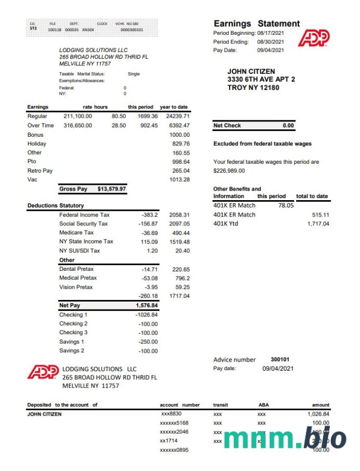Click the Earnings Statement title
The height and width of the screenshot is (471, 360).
[257, 24]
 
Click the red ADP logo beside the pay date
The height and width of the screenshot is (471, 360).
[314, 38]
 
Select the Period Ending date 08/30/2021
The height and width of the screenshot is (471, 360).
[270, 42]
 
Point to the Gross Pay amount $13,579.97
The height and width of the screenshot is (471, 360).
[112, 189]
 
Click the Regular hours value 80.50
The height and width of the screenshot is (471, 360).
[119, 116]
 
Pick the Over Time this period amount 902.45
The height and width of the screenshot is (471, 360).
[148, 126]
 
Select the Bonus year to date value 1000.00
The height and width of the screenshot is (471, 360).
[179, 135]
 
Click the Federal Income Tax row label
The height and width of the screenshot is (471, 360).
[84, 215]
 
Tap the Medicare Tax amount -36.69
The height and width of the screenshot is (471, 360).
[147, 233]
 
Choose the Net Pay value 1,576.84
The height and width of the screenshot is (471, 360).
[146, 305]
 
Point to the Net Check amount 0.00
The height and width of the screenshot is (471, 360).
[288, 126]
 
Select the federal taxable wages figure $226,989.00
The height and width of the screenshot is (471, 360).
[229, 171]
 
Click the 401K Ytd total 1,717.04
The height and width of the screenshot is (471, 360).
[318, 224]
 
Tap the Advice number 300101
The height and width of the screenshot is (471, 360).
[280, 360]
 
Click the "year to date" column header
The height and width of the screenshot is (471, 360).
[174, 107]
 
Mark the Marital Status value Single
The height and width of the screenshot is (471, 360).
[134, 74]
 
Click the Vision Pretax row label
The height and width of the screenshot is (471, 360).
[76, 287]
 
